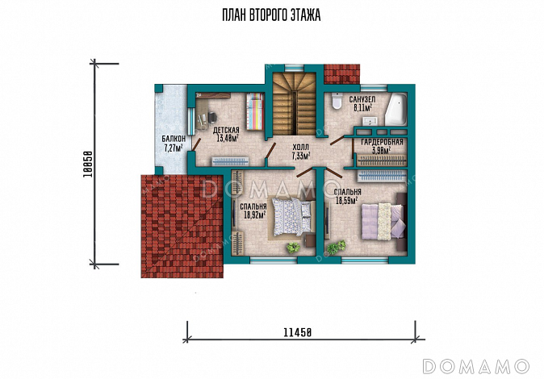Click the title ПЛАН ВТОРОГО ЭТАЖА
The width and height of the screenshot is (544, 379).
pos(271,15)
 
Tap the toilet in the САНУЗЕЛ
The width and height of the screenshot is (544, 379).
pos(337,101)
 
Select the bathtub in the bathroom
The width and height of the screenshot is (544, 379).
pos(395,109)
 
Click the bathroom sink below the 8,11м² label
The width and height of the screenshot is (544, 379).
pos(371,121)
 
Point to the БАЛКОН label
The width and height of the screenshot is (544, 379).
pos(174,139)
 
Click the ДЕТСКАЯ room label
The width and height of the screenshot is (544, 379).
pos(226,131)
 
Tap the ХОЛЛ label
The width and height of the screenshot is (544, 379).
pos(300,147)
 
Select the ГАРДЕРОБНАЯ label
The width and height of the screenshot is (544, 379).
pos(382,142)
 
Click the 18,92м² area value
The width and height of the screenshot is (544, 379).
pos(255,215)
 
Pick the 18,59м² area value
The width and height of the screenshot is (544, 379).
pos(346,200)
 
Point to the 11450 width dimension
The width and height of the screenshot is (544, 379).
pos(298,333)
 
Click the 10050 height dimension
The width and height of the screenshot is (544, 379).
pos(88,165)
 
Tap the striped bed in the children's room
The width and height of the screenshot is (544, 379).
pos(255,111)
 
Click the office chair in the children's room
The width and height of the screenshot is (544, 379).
pos(212,117)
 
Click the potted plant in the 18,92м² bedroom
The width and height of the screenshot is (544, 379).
pos(293,248)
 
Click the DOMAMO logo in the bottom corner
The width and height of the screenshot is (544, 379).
pos(475,366)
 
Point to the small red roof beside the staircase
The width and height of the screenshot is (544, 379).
pos(341,74)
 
